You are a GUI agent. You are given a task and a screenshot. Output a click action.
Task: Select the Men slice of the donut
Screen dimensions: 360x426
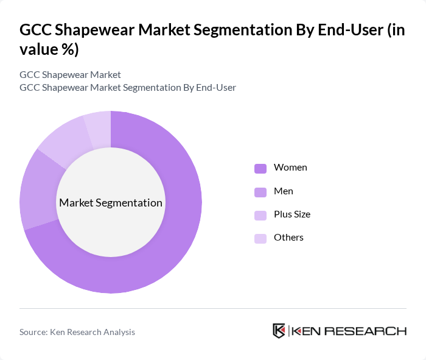38,189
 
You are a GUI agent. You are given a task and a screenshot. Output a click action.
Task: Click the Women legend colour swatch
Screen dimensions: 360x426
260,168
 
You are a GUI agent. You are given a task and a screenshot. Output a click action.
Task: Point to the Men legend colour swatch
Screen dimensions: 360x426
260,192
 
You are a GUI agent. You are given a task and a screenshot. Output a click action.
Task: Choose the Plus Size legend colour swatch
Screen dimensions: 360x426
260,215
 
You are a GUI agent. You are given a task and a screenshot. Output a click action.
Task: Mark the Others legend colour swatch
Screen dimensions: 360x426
260,238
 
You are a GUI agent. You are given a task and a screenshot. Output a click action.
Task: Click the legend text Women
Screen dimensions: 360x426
290,168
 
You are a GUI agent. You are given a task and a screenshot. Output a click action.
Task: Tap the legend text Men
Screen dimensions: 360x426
284,191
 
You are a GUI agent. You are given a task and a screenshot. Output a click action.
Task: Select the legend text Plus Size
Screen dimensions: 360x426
292,214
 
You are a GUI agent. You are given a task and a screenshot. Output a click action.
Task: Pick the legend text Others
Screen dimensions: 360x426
288,238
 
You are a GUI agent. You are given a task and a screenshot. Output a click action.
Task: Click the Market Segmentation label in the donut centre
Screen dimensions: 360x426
111,203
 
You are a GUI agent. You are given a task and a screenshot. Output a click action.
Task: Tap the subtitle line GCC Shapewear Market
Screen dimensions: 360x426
70,75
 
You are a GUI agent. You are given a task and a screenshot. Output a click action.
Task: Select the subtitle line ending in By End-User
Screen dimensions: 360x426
128,88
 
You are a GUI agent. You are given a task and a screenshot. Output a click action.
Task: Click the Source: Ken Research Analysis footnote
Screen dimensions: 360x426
77,332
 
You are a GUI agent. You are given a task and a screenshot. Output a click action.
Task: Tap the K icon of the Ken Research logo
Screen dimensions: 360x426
279,331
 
